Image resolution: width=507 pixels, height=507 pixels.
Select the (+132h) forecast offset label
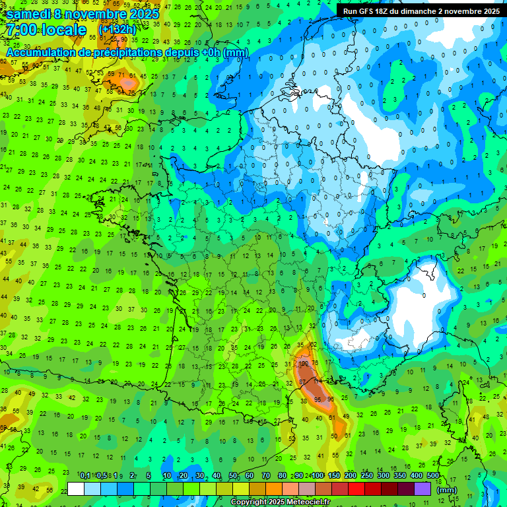click(118, 30)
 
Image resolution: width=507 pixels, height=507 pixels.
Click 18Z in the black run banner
click(384, 11)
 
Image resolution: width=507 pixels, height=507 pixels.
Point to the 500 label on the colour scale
click(433, 475)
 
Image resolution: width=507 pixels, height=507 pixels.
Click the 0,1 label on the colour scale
click(84, 475)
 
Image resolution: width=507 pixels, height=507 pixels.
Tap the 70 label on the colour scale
click(266, 475)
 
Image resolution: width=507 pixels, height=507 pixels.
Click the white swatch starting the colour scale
click(76, 489)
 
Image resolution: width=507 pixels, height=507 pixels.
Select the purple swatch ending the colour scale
click(422, 489)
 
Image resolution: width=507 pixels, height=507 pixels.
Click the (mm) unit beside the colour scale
click(447, 490)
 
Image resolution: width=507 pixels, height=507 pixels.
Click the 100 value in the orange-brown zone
click(304, 364)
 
